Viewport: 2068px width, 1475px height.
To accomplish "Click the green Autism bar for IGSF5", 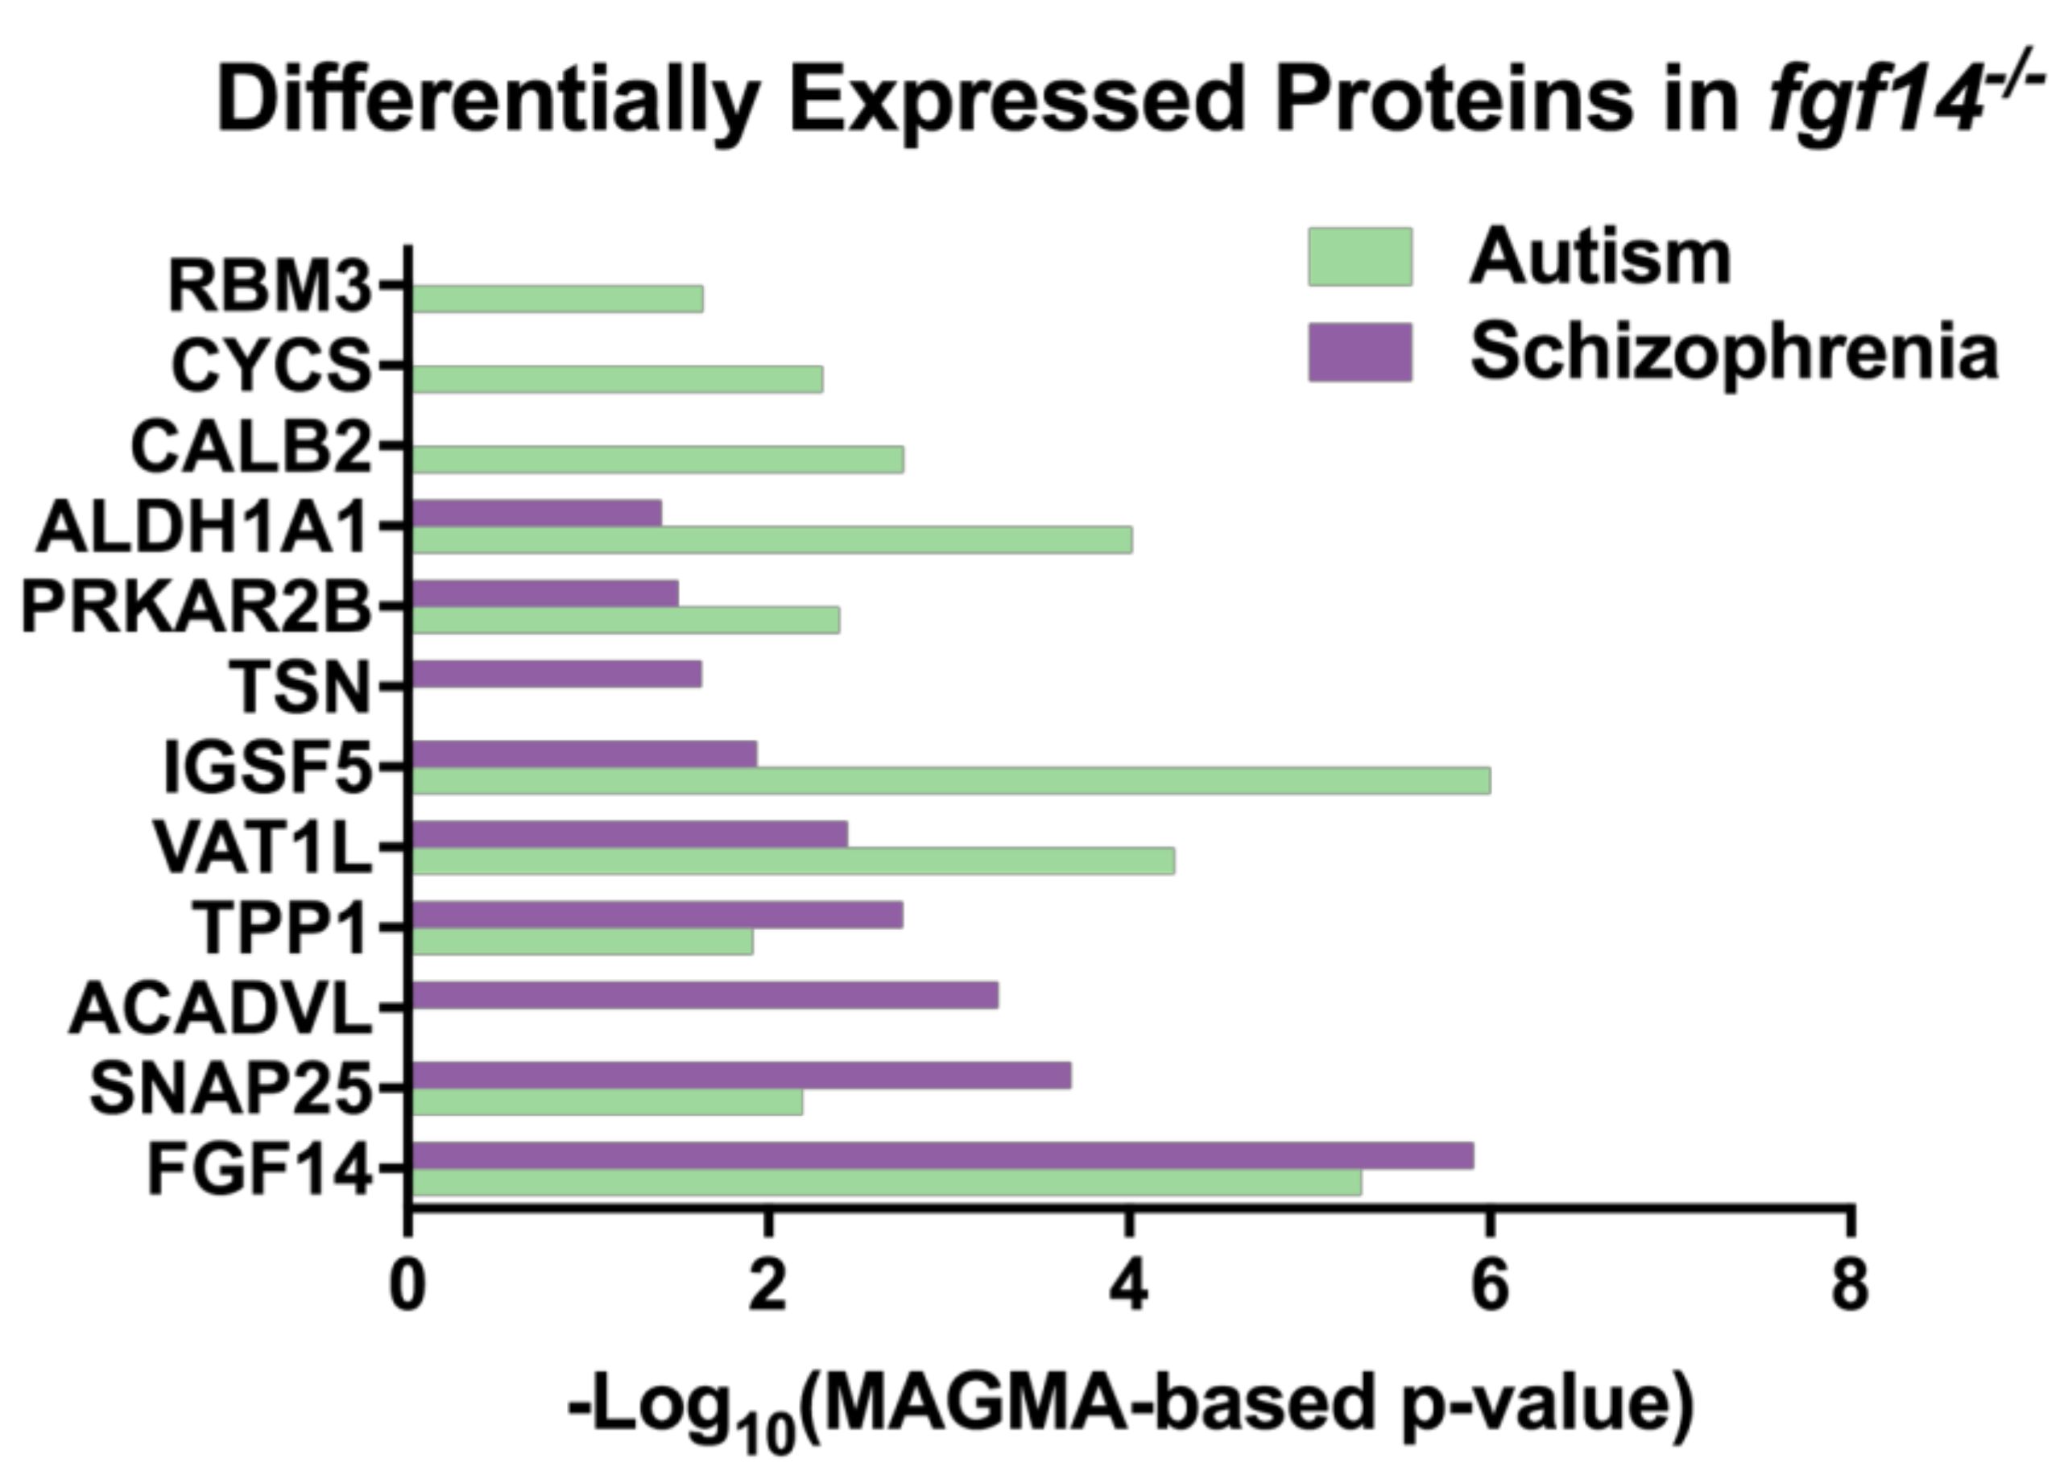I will pos(950,780).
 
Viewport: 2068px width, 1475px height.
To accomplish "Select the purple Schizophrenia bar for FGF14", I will pos(942,1156).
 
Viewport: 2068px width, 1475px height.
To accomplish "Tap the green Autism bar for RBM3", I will pos(556,299).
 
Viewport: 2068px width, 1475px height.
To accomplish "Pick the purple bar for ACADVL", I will pos(705,995).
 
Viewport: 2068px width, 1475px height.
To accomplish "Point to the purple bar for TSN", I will pos(556,674).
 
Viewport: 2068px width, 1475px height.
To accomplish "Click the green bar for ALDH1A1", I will pos(771,539).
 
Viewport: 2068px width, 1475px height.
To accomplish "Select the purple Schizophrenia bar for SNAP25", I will pos(741,1076).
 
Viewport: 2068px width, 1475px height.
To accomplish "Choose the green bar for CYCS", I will pos(617,380).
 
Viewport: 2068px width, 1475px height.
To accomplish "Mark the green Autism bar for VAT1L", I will pos(793,860).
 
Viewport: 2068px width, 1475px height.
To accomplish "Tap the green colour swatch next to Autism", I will pos(1359,257).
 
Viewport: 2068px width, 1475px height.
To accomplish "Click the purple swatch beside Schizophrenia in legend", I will pos(1359,352).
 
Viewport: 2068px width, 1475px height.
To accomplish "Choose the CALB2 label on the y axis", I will pos(251,448).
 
